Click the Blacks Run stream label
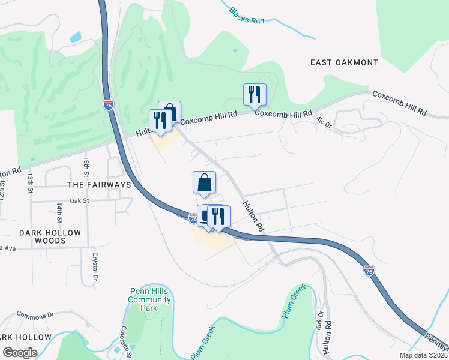(x=247, y=14)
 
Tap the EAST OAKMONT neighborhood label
(x=345, y=62)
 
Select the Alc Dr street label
(x=324, y=122)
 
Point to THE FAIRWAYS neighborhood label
(x=100, y=185)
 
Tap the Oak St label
(x=79, y=201)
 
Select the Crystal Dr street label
(x=95, y=266)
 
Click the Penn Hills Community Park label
(x=150, y=300)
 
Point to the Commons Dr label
(x=35, y=314)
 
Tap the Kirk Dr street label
(x=319, y=320)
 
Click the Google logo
(x=20, y=353)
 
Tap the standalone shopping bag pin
(x=204, y=182)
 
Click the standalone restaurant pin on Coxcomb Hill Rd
(x=255, y=95)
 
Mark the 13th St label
(x=30, y=184)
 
